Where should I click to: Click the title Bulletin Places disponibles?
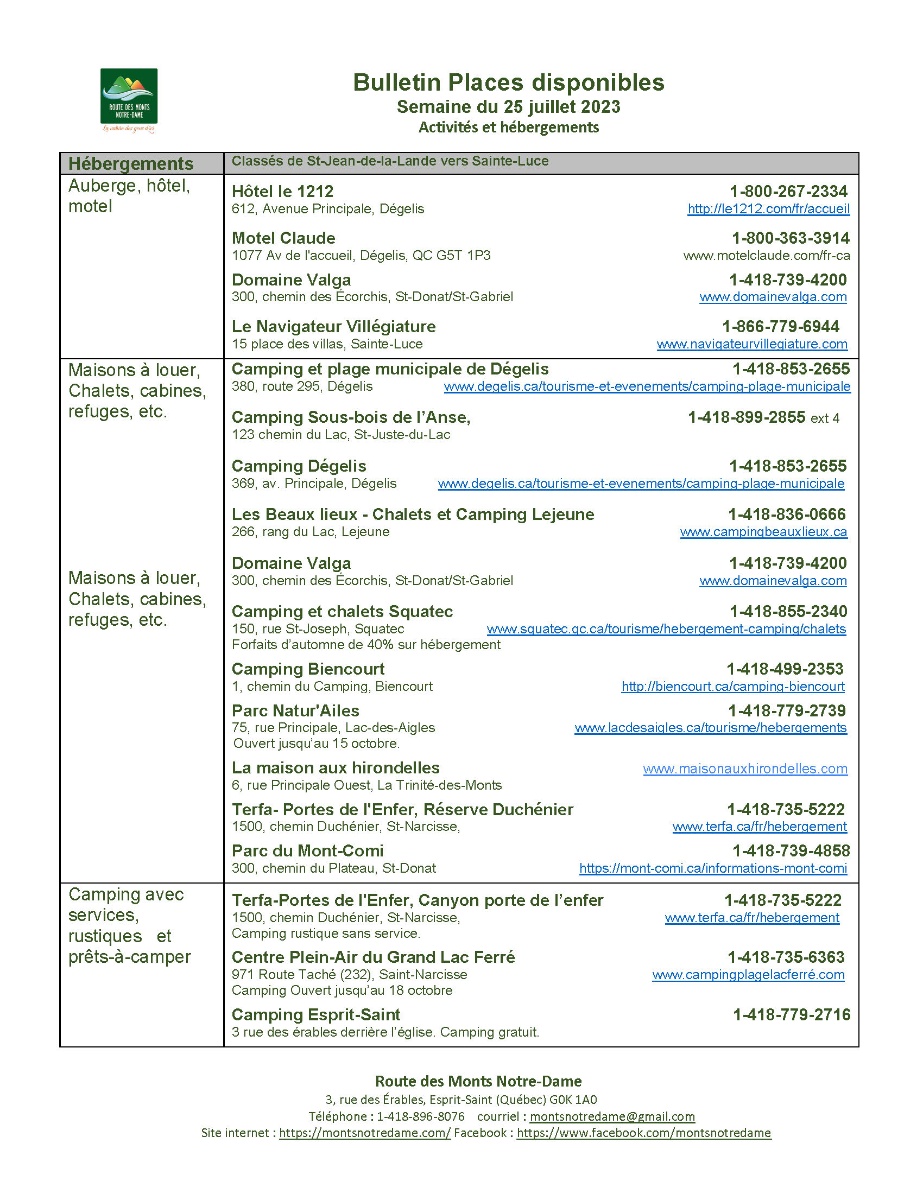coord(508,82)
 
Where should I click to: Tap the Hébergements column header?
coord(131,163)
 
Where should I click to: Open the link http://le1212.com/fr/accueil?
coord(768,209)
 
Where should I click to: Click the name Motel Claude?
coord(283,238)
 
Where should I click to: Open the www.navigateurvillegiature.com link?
coord(752,345)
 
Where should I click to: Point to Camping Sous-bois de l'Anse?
coord(351,417)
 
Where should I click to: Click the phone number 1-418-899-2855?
coord(747,417)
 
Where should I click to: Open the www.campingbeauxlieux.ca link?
coord(763,532)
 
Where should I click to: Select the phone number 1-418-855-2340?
coord(788,611)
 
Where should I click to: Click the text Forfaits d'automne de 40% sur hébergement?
coord(366,645)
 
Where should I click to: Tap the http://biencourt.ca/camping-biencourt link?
coord(733,687)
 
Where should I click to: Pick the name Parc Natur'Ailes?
coord(295,711)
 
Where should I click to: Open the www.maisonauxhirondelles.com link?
coord(745,769)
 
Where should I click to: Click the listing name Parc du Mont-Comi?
coord(307,850)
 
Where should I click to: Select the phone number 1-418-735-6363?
coord(786,957)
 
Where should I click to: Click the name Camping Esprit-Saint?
coord(315,1015)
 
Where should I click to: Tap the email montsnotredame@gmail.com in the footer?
coord(612,1116)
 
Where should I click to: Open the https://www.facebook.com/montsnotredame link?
coord(643,1133)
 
